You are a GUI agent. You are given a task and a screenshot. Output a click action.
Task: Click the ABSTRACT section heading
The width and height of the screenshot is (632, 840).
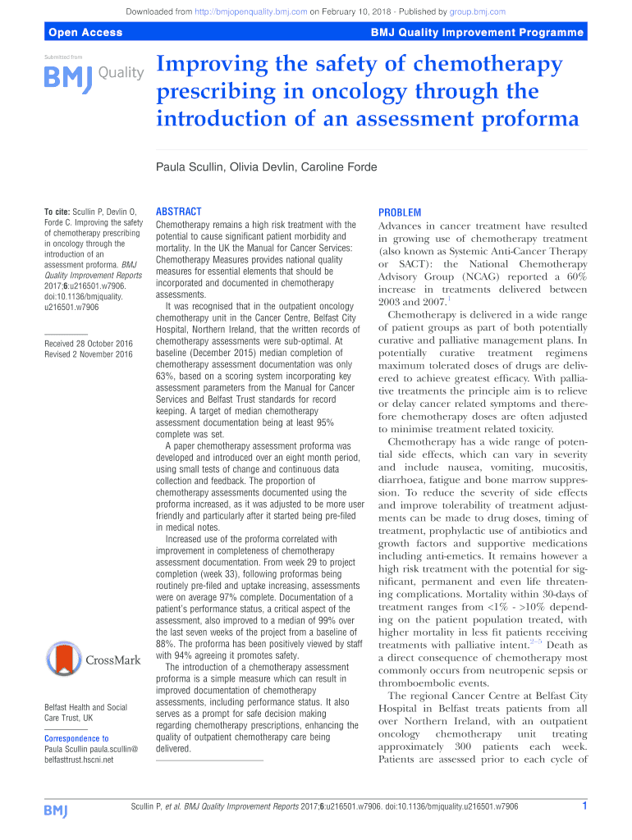(x=178, y=212)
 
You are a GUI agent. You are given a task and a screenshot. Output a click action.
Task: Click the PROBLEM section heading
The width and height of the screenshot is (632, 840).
(x=400, y=212)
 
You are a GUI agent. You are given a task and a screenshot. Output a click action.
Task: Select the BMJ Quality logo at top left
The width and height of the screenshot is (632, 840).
(x=93, y=76)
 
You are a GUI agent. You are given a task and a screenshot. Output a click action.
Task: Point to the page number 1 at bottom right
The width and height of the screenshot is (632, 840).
(x=584, y=806)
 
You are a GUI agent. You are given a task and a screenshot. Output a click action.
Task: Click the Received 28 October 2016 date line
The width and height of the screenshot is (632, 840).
(x=89, y=343)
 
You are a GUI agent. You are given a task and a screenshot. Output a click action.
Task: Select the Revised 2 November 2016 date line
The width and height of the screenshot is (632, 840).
(x=89, y=354)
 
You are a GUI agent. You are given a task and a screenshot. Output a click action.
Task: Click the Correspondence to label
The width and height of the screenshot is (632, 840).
(x=76, y=738)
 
